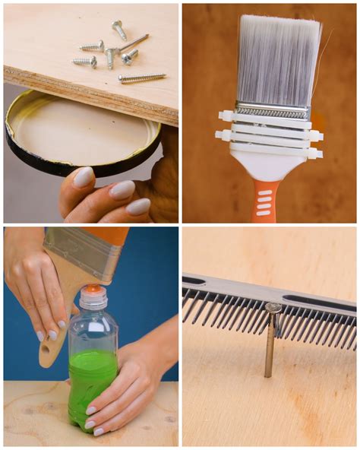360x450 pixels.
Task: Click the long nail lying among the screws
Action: (134, 43)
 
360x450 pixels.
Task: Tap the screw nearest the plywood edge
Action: (142, 77)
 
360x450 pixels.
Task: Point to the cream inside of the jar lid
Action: (76, 125)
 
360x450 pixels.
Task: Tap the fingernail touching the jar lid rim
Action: (84, 177)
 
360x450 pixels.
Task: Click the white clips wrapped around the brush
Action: (270, 135)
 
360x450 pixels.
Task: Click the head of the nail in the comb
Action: (273, 308)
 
